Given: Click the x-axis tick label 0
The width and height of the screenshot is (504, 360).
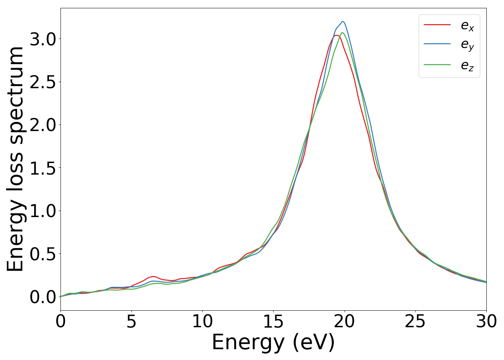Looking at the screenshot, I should (x=60, y=321).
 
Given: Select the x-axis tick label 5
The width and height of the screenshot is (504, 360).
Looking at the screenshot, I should (x=131, y=321).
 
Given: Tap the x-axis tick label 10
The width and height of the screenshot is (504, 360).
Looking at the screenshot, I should (x=202, y=321).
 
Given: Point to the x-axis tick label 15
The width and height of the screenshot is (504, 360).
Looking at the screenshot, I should (x=273, y=321).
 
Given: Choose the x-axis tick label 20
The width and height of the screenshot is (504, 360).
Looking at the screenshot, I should (x=345, y=321).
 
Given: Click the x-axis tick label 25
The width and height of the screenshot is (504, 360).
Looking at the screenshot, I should (x=415, y=321).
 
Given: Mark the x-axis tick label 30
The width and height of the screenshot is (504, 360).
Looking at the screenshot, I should (x=486, y=321).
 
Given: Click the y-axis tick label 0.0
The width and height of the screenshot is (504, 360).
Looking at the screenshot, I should (x=42, y=297).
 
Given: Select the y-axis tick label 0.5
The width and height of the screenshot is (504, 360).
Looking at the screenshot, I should (x=42, y=254).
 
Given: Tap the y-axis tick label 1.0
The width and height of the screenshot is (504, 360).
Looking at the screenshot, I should (x=42, y=211).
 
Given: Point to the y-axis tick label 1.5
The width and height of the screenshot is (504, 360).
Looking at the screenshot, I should (x=42, y=168).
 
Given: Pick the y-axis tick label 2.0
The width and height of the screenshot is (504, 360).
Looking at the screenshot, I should (x=42, y=125).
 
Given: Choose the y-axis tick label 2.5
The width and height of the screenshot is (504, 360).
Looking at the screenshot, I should (x=42, y=82).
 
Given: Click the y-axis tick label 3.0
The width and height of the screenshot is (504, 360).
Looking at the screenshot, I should (x=42, y=39).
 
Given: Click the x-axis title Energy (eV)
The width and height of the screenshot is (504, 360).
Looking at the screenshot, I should (x=273, y=342).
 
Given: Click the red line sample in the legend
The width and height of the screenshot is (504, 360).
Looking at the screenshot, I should (x=437, y=25).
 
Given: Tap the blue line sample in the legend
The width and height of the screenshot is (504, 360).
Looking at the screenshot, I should (x=437, y=44).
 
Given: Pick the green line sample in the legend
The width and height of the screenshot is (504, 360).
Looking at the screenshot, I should (x=437, y=65).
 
